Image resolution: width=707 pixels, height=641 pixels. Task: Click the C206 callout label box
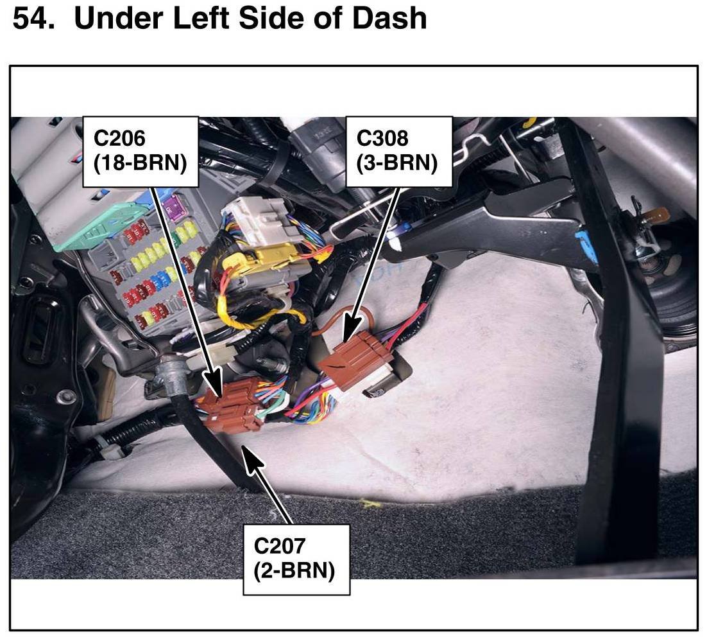tap(141, 151)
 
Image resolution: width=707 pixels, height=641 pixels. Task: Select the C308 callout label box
tap(398, 151)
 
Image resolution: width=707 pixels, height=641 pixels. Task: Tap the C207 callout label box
tap(296, 559)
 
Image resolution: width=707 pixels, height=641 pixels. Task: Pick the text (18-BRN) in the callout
tap(141, 163)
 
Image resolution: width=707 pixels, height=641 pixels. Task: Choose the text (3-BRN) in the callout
tap(398, 163)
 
